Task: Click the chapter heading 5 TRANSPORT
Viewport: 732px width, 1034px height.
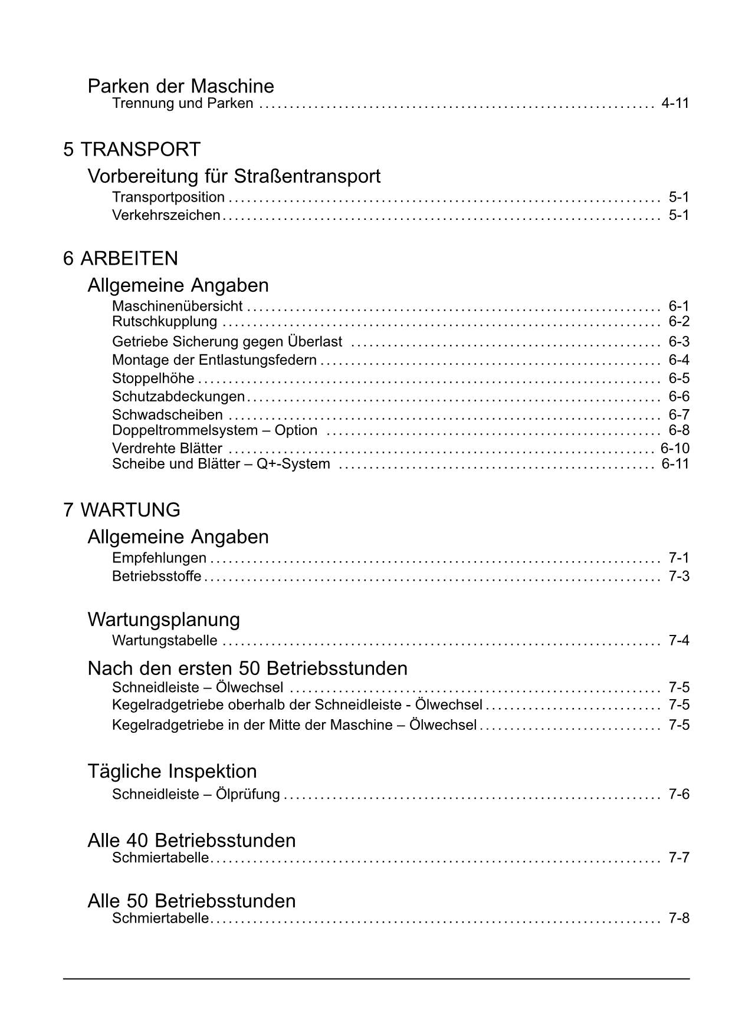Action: pyautogui.click(x=132, y=150)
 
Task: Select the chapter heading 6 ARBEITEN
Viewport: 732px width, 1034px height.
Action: pyautogui.click(x=120, y=259)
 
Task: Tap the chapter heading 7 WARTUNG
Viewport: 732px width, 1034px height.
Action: pyautogui.click(x=122, y=510)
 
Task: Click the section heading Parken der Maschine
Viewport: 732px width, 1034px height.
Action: pyautogui.click(x=180, y=87)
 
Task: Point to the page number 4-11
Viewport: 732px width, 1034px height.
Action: pyautogui.click(x=675, y=104)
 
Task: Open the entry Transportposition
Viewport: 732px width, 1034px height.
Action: pyautogui.click(x=168, y=197)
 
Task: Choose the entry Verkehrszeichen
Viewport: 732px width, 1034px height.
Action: pyautogui.click(x=166, y=215)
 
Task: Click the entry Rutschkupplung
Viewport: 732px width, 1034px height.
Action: pyautogui.click(x=165, y=322)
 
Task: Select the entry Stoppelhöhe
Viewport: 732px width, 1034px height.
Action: pyautogui.click(x=153, y=378)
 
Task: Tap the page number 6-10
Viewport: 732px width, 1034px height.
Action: pyautogui.click(x=675, y=449)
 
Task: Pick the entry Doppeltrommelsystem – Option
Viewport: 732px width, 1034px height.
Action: pyautogui.click(x=215, y=430)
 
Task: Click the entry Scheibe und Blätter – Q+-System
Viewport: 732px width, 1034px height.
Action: pyautogui.click(x=221, y=464)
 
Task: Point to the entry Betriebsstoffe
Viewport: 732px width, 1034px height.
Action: pyautogui.click(x=156, y=576)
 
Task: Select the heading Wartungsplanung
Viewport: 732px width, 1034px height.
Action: pyautogui.click(x=163, y=620)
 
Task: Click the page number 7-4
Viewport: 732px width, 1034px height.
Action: pyautogui.click(x=679, y=641)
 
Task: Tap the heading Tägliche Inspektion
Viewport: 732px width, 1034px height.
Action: pyautogui.click(x=172, y=771)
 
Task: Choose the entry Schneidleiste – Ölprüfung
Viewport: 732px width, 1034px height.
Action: pyautogui.click(x=196, y=795)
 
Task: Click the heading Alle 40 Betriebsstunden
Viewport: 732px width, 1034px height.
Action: pyautogui.click(x=192, y=841)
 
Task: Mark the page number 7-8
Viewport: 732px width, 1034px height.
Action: pyautogui.click(x=679, y=918)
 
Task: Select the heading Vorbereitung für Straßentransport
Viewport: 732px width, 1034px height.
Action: pyautogui.click(x=234, y=176)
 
